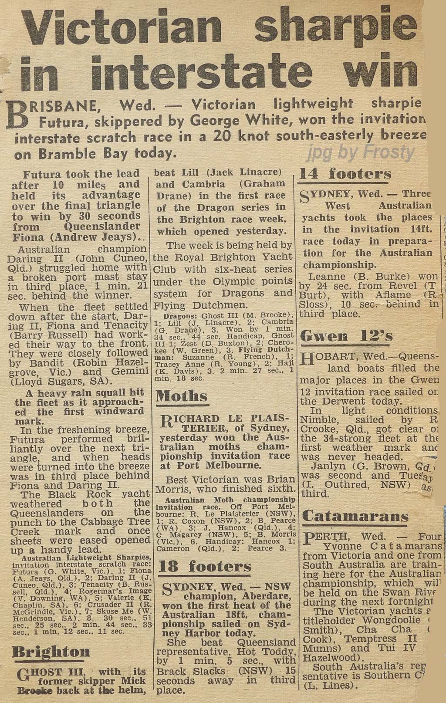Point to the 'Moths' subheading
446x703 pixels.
(182, 396)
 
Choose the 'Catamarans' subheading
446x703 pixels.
(355, 517)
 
